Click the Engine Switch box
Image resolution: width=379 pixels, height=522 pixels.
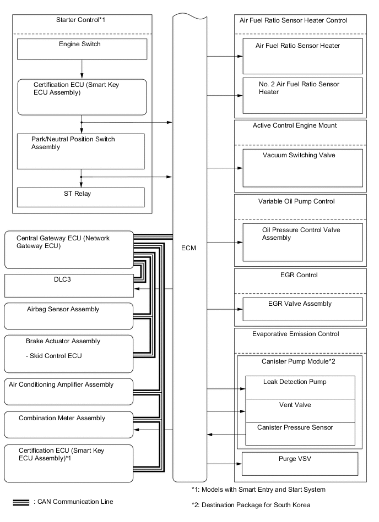coord(82,49)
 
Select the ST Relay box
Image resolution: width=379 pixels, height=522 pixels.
coord(80,197)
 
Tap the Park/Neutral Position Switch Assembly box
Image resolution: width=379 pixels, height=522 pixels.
coord(80,151)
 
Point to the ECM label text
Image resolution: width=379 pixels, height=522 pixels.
coord(188,249)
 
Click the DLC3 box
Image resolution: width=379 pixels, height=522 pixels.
coord(68,285)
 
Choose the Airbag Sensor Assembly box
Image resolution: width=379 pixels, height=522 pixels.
coord(68,316)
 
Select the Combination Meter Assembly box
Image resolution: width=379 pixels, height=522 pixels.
coord(68,424)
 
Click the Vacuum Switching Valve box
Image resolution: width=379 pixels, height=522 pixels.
coord(302,167)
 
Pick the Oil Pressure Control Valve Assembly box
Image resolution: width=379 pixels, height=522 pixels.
coord(302,242)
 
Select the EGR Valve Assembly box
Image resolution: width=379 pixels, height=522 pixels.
coord(302,309)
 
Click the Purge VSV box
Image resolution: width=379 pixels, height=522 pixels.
coord(300,463)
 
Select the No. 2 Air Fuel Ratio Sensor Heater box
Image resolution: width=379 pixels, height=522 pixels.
coord(302,95)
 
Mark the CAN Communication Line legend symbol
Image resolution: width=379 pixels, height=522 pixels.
coord(20,503)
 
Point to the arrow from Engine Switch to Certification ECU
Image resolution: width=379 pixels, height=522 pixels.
coord(82,68)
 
